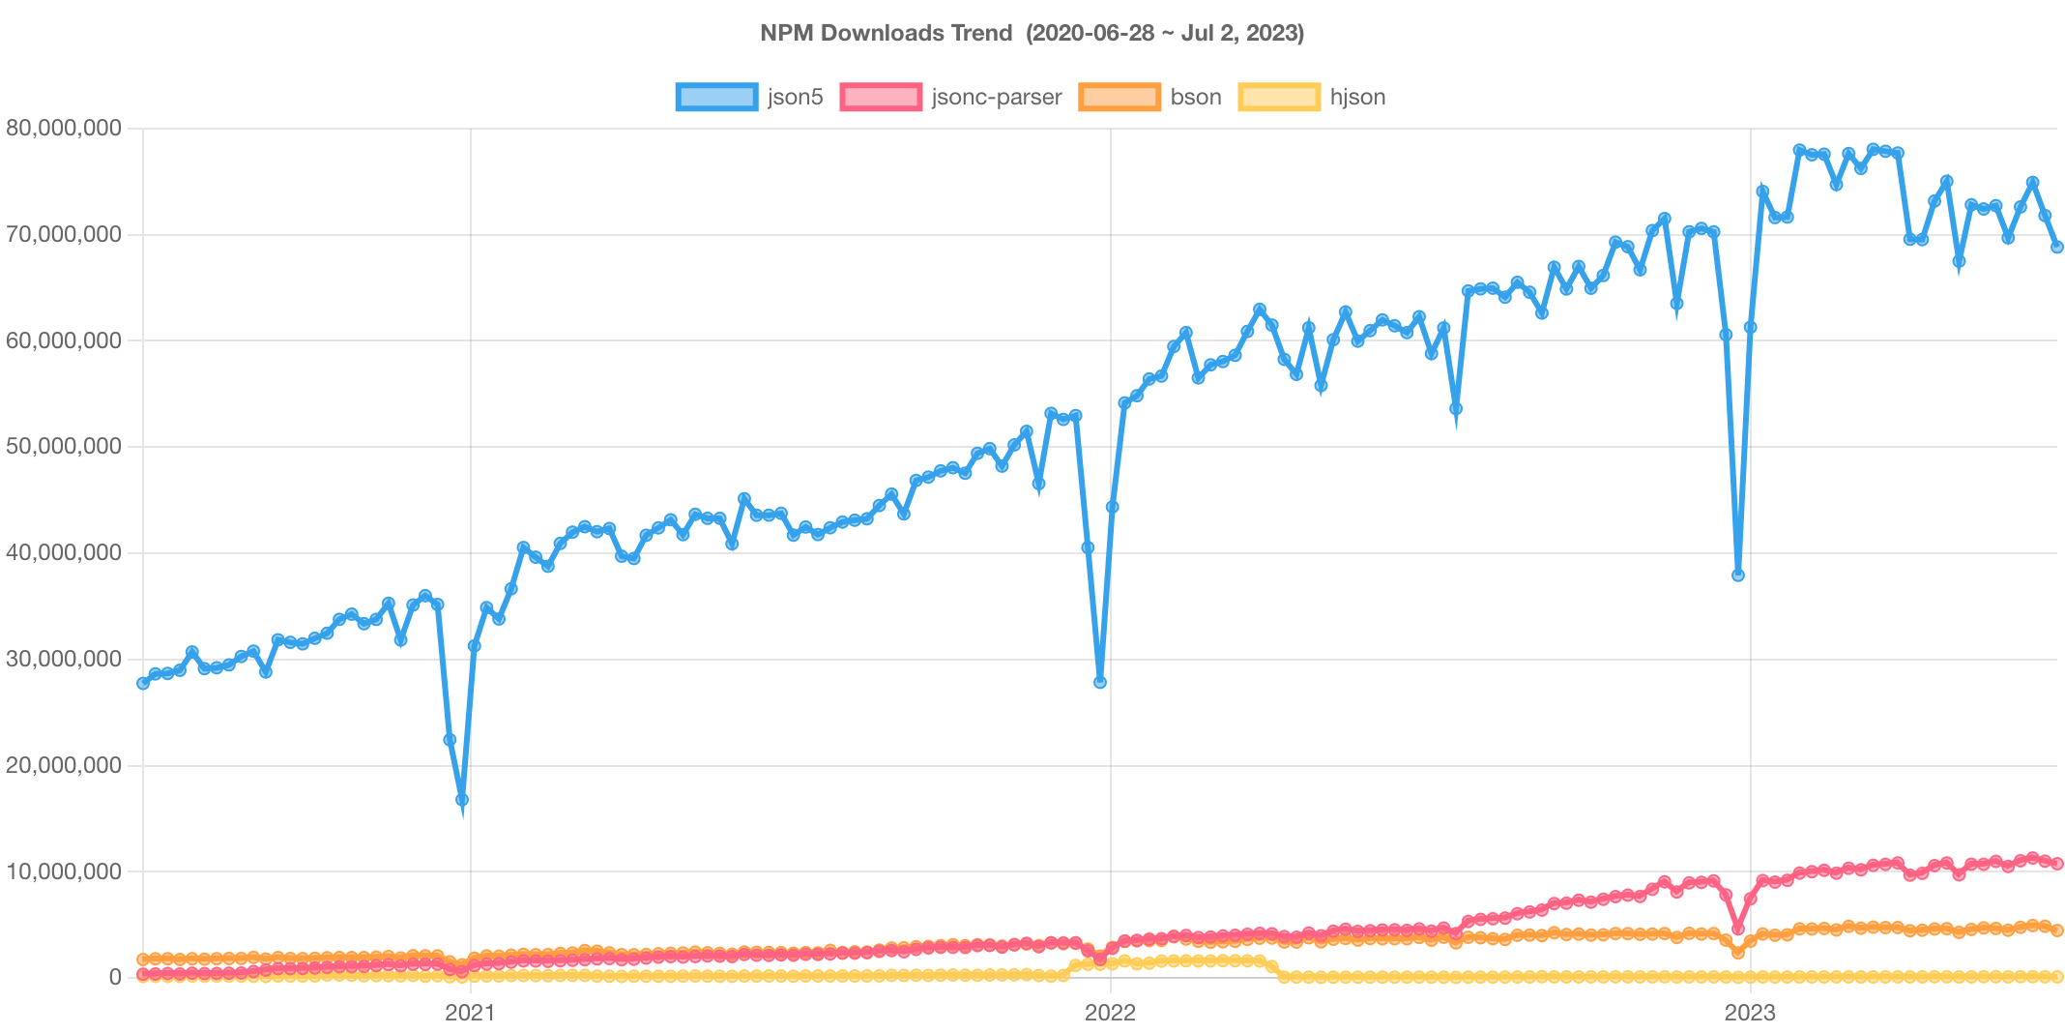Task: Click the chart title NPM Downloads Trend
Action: [x=885, y=33]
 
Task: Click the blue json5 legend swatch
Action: [x=715, y=97]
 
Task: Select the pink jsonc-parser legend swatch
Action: [x=880, y=97]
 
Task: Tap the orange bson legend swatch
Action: [x=1119, y=97]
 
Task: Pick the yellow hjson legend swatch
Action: [x=1278, y=97]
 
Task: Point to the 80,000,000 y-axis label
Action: [x=64, y=128]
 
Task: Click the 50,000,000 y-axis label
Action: [x=64, y=446]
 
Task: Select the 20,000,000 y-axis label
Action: [x=64, y=765]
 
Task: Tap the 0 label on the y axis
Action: [x=115, y=977]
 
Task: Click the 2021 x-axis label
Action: [x=470, y=1013]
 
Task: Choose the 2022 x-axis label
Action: [x=1110, y=1013]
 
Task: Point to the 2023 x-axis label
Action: [x=1750, y=1013]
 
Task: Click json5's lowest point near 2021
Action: [x=462, y=801]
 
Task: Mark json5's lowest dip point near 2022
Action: [x=1100, y=683]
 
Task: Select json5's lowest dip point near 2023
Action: [x=1738, y=576]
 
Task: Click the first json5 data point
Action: [x=143, y=683]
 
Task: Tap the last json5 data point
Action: [x=2057, y=248]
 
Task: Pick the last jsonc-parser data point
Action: [x=2057, y=864]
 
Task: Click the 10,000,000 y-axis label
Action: [x=64, y=871]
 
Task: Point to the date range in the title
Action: [x=1165, y=33]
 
